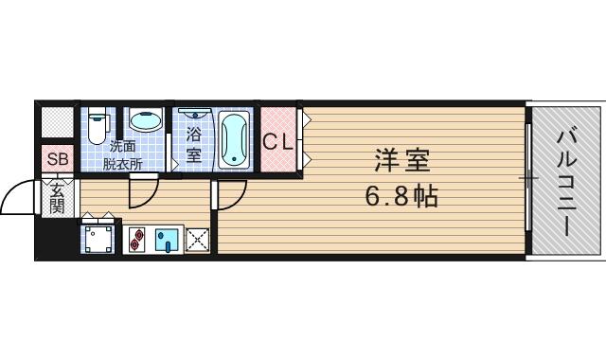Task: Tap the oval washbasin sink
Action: pyautogui.click(x=145, y=121)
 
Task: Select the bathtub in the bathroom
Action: pyautogui.click(x=233, y=139)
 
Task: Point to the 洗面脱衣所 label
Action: pyautogui.click(x=123, y=154)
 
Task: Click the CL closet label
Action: pyautogui.click(x=277, y=143)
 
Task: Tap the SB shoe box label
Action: pyautogui.click(x=57, y=159)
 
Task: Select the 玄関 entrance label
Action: pyautogui.click(x=57, y=198)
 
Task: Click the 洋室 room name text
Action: pyautogui.click(x=404, y=161)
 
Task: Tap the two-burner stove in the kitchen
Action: pyautogui.click(x=134, y=241)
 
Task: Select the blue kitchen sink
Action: pyautogui.click(x=167, y=241)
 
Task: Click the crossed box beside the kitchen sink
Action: pyautogui.click(x=197, y=241)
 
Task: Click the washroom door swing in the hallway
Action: pyautogui.click(x=142, y=192)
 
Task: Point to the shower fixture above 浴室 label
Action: pyautogui.click(x=192, y=113)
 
